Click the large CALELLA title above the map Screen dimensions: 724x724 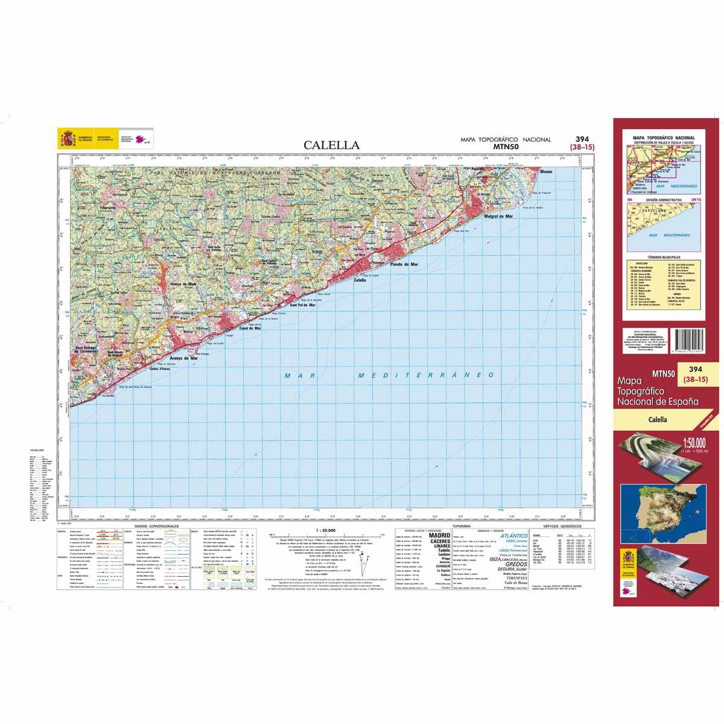(331, 145)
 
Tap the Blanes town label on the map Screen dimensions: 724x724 (546, 171)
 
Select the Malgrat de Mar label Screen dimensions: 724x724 (498, 215)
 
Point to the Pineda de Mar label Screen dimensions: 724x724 (404, 264)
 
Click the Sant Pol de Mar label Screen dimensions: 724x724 (303, 305)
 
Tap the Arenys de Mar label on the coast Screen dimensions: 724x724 (185, 358)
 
